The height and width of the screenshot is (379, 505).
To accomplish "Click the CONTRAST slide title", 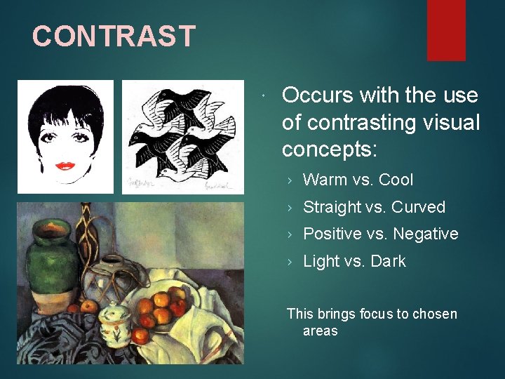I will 114,36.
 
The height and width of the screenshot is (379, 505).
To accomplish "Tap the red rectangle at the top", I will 446,29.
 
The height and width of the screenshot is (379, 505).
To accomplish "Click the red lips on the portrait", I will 65,166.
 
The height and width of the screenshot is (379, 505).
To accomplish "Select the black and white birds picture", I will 183,136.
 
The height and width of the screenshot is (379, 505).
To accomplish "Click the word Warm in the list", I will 325,180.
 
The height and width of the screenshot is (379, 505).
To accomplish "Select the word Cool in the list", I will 396,180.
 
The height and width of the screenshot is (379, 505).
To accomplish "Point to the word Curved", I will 418,207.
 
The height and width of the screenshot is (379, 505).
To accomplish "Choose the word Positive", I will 331,234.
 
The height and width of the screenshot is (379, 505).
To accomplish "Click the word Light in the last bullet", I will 321,261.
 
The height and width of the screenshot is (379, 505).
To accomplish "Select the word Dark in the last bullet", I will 389,261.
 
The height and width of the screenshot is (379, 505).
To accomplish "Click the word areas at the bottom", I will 320,331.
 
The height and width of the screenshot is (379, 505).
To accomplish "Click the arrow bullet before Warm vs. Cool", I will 291,180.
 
